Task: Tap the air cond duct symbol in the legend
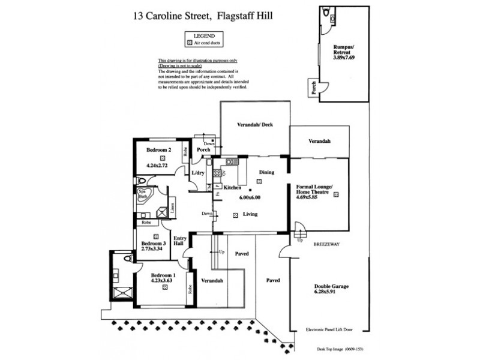[190, 43]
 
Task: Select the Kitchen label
[232, 188]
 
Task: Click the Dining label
[266, 172]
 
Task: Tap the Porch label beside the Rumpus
[313, 89]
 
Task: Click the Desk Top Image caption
[335, 349]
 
